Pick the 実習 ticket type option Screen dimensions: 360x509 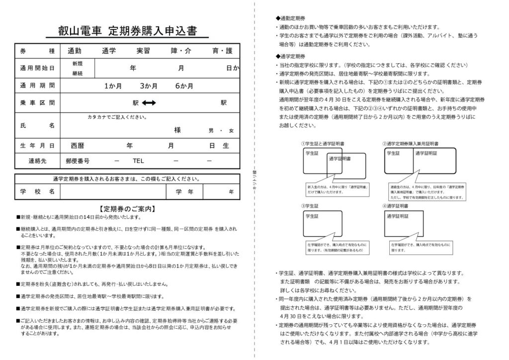(x=147, y=51)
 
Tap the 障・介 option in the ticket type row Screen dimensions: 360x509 (x=181, y=51)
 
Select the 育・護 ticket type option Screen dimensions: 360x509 (x=222, y=51)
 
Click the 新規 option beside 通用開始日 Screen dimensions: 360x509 (x=78, y=63)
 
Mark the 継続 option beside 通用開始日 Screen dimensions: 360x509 (x=78, y=73)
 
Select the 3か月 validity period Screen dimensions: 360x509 (x=149, y=86)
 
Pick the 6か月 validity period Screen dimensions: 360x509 (x=184, y=86)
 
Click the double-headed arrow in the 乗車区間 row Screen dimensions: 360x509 (x=149, y=103)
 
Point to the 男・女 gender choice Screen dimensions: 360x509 (x=221, y=130)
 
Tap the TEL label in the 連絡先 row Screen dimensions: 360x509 (x=138, y=161)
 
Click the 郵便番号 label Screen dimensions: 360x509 (x=78, y=161)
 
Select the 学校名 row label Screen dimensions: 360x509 (x=37, y=191)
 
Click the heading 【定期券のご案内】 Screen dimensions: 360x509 (x=127, y=209)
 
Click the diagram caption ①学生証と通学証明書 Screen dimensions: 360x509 (x=323, y=144)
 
